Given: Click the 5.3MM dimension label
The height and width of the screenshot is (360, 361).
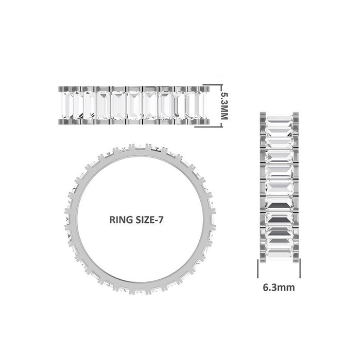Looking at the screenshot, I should [x=224, y=106].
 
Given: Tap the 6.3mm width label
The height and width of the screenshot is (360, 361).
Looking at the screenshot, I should [x=279, y=287].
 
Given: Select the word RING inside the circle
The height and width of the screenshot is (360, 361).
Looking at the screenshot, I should [x=122, y=219].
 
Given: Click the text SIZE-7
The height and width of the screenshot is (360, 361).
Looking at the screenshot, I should [x=150, y=219].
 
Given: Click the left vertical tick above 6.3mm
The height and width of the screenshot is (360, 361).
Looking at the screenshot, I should [x=258, y=268].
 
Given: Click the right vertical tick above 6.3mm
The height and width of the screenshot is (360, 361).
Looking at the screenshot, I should [x=300, y=268].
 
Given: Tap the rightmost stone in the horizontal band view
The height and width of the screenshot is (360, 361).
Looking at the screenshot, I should [x=200, y=105].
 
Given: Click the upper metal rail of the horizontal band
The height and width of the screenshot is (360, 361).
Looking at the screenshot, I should [x=133, y=88].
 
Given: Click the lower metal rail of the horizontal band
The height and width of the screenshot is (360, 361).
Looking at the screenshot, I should [x=133, y=123].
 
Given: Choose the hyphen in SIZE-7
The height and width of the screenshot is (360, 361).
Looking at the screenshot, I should [x=157, y=220].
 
